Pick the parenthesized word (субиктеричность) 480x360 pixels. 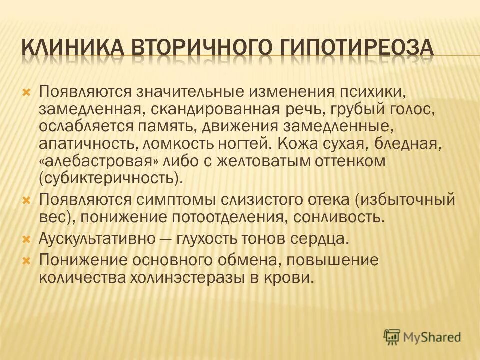coord(108,178)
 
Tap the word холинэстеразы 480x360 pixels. coord(187,278)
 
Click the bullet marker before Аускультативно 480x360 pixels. coord(28,239)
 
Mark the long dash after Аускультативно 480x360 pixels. coord(169,239)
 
